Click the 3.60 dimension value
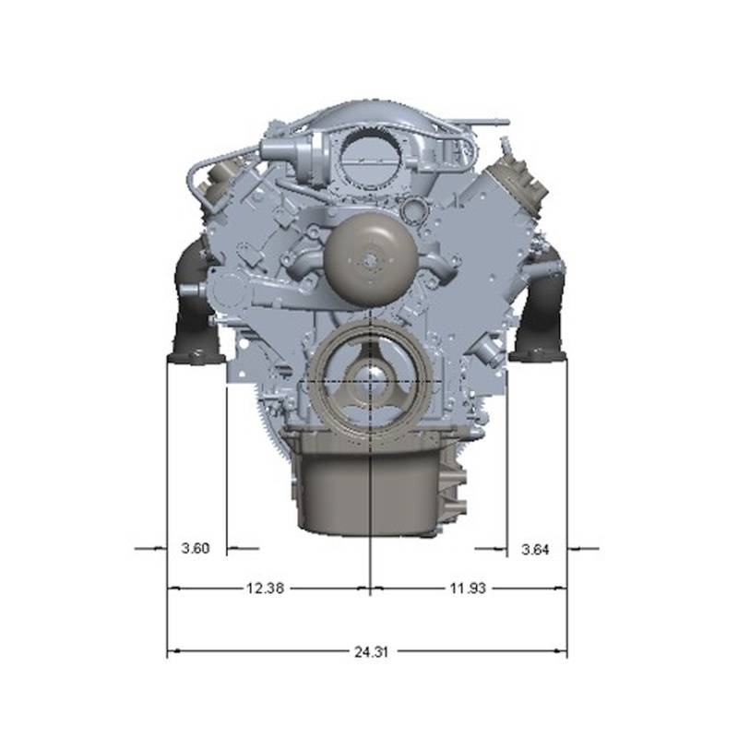(196, 548)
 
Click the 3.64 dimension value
(535, 549)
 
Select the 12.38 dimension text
(265, 588)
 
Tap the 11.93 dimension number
(468, 588)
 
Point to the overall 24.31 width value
(372, 652)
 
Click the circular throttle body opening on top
(372, 159)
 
